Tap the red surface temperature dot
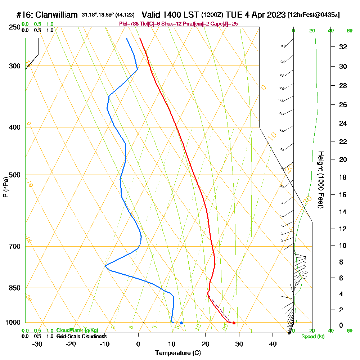click(x=234, y=323)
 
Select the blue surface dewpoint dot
click(x=181, y=323)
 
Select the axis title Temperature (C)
click(x=178, y=353)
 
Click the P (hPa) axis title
click(x=5, y=187)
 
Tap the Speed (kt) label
click(x=312, y=337)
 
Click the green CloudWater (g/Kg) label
click(x=77, y=330)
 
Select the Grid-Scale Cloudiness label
click(x=81, y=336)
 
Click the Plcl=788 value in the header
click(x=129, y=24)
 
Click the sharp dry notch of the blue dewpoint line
click(x=105, y=266)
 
